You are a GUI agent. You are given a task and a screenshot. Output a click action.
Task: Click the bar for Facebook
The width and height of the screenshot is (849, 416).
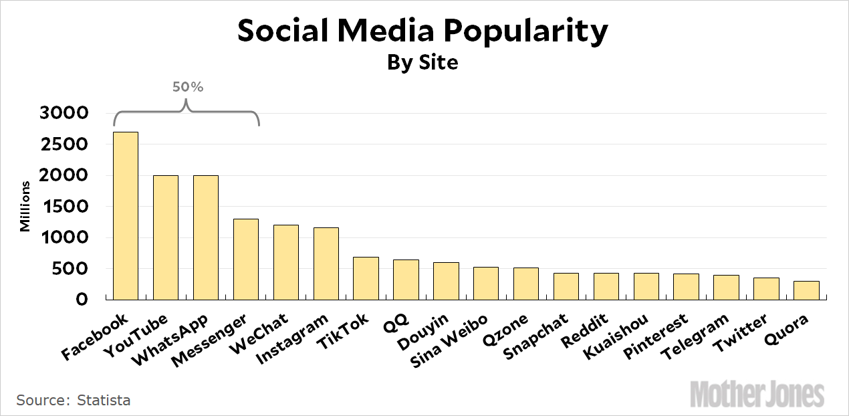pyautogui.click(x=126, y=215)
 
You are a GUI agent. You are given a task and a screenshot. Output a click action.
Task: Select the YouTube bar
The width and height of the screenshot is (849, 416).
pyautogui.click(x=166, y=237)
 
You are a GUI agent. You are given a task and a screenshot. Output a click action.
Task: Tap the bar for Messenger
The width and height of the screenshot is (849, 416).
pyautogui.click(x=246, y=259)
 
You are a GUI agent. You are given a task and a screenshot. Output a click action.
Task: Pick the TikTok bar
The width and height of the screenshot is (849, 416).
pyautogui.click(x=366, y=278)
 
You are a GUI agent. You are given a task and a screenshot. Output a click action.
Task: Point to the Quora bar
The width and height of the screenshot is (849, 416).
pyautogui.click(x=807, y=290)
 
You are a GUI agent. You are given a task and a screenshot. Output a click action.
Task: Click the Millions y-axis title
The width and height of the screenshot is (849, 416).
pyautogui.click(x=25, y=206)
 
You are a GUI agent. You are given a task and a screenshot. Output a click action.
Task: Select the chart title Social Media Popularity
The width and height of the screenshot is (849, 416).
pyautogui.click(x=424, y=31)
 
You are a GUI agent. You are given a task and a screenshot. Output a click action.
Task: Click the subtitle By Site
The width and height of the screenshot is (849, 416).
pyautogui.click(x=424, y=62)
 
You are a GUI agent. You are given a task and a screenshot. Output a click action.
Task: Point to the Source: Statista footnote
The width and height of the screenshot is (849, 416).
pyautogui.click(x=74, y=401)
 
